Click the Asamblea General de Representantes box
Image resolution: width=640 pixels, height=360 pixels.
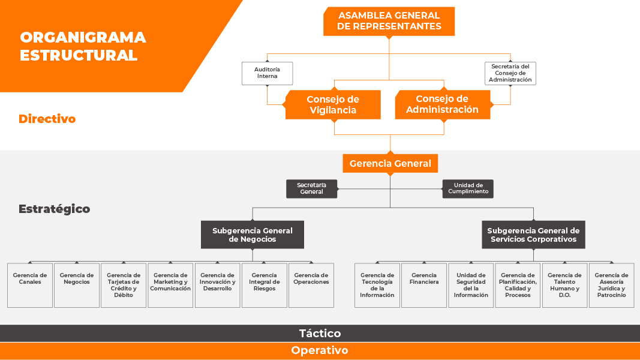389,21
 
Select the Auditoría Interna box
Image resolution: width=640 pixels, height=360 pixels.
267,73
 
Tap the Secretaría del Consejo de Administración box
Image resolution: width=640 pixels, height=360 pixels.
510,73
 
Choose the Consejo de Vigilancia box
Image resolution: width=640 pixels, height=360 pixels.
332,104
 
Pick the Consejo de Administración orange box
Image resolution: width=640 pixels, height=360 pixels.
442,104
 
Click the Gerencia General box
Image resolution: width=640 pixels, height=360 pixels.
390,163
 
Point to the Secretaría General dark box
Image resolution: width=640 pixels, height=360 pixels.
311,188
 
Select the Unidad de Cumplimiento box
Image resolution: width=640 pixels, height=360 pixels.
468,188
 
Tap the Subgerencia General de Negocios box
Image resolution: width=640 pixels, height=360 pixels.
253,235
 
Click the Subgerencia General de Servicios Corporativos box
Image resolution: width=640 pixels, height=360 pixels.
533,235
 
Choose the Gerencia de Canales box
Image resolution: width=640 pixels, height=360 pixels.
30,285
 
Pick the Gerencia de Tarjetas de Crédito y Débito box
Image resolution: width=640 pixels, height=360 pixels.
124,285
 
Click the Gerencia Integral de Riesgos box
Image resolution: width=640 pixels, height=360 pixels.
265,285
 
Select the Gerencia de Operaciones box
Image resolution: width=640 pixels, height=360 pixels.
311,285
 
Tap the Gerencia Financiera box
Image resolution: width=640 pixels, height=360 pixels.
424,285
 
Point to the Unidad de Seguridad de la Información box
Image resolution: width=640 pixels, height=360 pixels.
471,285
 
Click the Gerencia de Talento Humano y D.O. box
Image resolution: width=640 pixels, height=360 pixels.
564,285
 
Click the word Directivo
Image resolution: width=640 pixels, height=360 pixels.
47,119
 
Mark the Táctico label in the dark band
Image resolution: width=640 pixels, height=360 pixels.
320,334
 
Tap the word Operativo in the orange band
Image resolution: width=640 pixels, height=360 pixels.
320,350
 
